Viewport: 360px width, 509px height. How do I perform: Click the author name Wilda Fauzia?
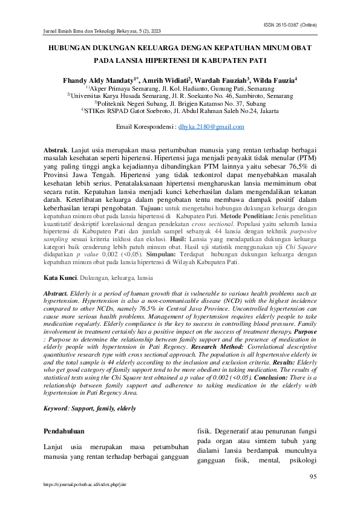tap(275, 80)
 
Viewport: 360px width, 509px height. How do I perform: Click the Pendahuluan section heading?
tap(65, 432)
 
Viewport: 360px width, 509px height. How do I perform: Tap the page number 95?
tap(313, 477)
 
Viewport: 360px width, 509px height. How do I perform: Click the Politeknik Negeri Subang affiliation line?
tap(180, 103)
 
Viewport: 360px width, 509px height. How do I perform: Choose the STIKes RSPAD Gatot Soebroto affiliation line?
tap(180, 111)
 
